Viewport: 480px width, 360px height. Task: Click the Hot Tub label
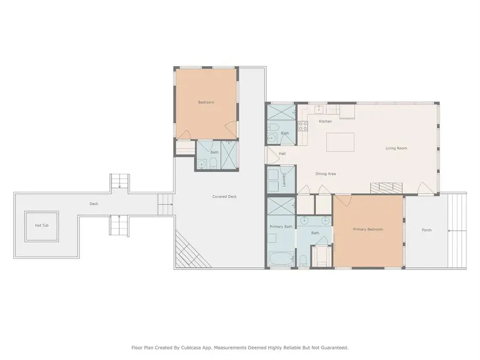tap(42, 226)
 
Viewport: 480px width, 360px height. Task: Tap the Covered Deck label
tap(224, 197)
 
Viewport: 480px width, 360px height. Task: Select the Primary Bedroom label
tap(368, 229)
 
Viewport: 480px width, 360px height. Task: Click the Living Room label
tap(396, 148)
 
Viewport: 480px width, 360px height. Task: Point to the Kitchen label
tap(325, 122)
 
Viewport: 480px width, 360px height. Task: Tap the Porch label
tap(426, 230)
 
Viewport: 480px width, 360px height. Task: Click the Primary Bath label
tap(281, 227)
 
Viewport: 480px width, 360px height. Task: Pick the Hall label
tap(282, 154)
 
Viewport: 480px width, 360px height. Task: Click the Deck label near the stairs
tap(93, 204)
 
